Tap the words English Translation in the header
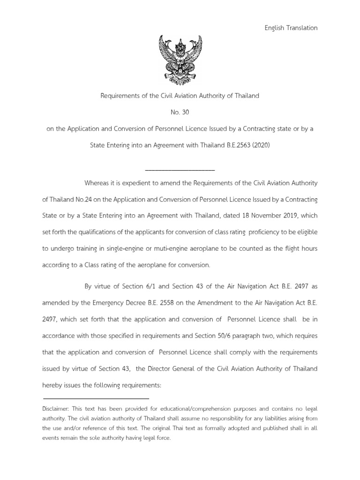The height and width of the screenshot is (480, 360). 291,28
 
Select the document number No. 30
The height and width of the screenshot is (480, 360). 180,112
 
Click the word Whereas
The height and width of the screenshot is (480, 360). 98,182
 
